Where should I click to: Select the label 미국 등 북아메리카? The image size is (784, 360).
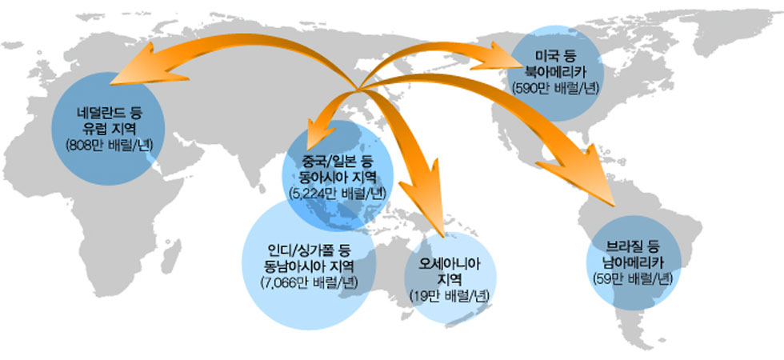pyautogui.click(x=556, y=63)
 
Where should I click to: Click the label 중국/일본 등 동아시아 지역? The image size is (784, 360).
pyautogui.click(x=338, y=170)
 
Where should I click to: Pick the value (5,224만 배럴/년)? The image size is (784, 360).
pyautogui.click(x=338, y=194)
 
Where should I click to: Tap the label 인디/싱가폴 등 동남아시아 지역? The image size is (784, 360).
pyautogui.click(x=309, y=257)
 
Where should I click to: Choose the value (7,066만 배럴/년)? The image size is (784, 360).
pyautogui.click(x=309, y=282)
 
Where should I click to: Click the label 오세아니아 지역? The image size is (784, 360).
pyautogui.click(x=450, y=270)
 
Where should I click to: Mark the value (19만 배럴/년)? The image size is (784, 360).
pyautogui.click(x=450, y=296)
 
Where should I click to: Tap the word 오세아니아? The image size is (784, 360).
pyautogui.click(x=450, y=263)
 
